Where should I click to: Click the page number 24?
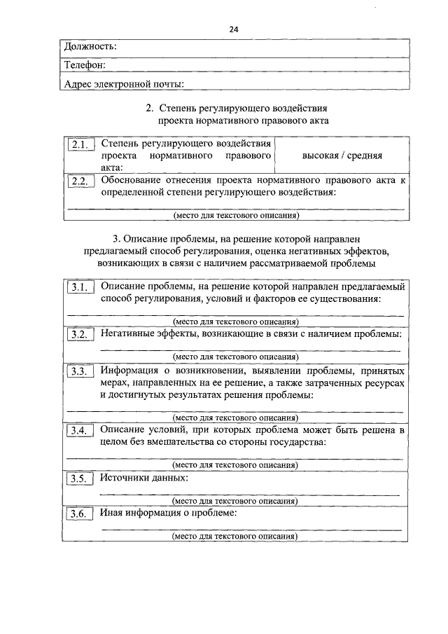pyautogui.click(x=234, y=29)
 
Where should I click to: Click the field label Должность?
pyautogui.click(x=90, y=46)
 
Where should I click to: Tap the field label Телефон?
pyautogui.click(x=85, y=65)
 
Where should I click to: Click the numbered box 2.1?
pyautogui.click(x=80, y=146)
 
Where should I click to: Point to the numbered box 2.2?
pyautogui.click(x=80, y=181)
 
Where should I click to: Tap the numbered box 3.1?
pyautogui.click(x=80, y=287)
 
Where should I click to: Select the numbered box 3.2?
pyautogui.click(x=80, y=335)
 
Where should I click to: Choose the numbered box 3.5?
pyautogui.click(x=80, y=479)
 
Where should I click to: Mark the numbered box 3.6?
pyautogui.click(x=80, y=514)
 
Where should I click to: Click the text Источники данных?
pyautogui.click(x=144, y=477)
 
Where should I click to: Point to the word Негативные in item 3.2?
pyautogui.click(x=128, y=333)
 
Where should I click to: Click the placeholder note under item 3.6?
pyautogui.click(x=234, y=537)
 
